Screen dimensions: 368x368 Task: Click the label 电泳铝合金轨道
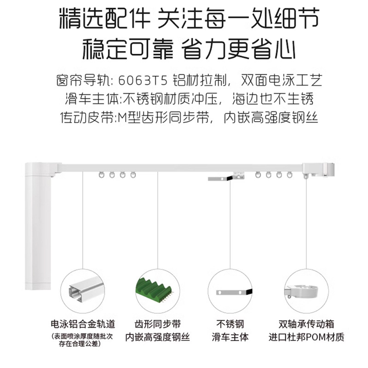(83, 323)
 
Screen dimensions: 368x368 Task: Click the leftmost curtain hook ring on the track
(100, 175)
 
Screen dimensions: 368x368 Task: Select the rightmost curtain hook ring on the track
(290, 175)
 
